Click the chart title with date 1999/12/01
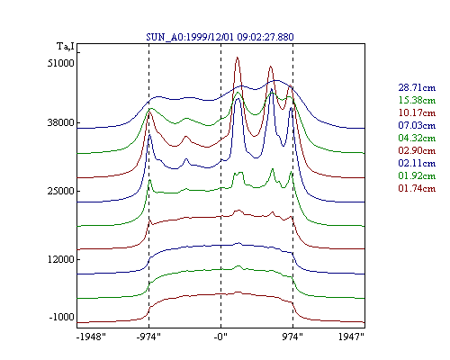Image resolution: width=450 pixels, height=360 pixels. click(220, 37)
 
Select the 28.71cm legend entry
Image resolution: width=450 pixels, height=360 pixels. click(417, 87)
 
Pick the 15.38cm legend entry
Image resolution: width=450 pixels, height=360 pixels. click(417, 100)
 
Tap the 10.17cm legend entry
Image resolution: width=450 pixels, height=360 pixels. click(417, 112)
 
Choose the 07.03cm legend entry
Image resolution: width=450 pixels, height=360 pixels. click(417, 125)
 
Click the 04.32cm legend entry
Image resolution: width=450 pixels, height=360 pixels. click(417, 138)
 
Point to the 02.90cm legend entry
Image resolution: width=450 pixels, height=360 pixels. click(417, 150)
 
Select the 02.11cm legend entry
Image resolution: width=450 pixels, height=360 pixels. click(417, 163)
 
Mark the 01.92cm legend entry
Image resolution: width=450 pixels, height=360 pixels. click(417, 175)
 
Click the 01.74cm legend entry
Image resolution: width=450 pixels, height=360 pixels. click(417, 188)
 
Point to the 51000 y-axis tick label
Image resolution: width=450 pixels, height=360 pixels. click(60, 63)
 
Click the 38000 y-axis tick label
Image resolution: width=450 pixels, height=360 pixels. click(60, 122)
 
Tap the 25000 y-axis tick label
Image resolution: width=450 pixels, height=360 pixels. click(60, 191)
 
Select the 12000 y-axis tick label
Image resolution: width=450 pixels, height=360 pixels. click(60, 259)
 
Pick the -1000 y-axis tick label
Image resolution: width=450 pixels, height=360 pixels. click(61, 317)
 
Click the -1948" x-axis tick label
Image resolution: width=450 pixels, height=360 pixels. click(91, 337)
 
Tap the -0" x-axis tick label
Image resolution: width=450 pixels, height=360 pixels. click(220, 337)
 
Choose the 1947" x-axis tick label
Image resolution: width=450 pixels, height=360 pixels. click(351, 337)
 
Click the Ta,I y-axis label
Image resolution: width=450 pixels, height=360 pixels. click(66, 47)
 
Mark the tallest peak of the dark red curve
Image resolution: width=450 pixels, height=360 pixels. click(238, 57)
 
